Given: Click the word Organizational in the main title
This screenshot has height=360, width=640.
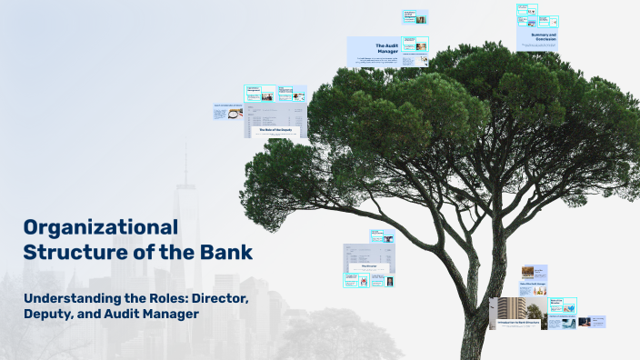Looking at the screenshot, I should click(x=100, y=227).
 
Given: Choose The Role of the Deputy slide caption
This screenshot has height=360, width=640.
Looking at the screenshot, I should click(x=275, y=130).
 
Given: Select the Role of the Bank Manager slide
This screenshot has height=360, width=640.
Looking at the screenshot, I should click(x=533, y=285).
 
